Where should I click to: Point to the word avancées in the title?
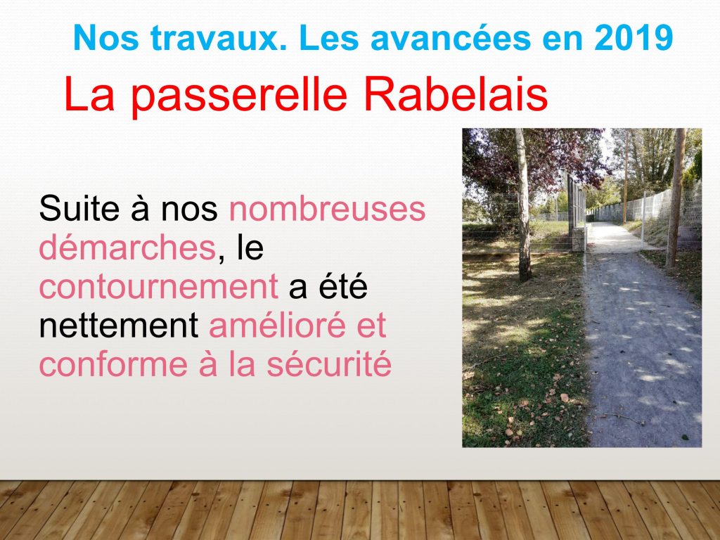click(451, 38)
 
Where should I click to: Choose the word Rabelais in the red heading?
click(456, 94)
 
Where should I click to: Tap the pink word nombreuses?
click(327, 208)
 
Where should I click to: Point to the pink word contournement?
click(159, 286)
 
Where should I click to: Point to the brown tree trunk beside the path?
click(675, 198)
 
